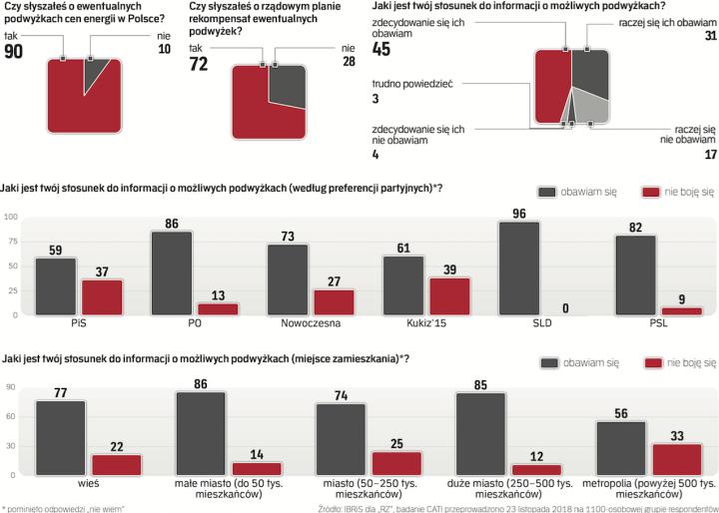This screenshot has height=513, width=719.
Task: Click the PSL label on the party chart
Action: click(635, 323)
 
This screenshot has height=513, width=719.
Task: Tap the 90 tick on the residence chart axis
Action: click(10, 386)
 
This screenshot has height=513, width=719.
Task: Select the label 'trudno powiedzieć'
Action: click(412, 85)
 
